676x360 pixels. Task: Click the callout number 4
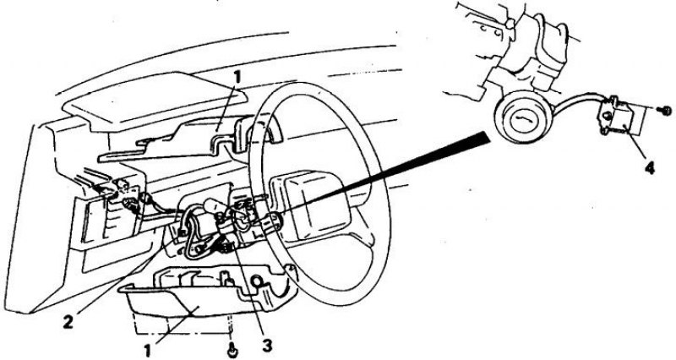[x=648, y=167]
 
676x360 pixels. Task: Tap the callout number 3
[x=267, y=346]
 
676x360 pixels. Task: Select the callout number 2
[x=68, y=322]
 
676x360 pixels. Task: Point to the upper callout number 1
[x=237, y=79]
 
